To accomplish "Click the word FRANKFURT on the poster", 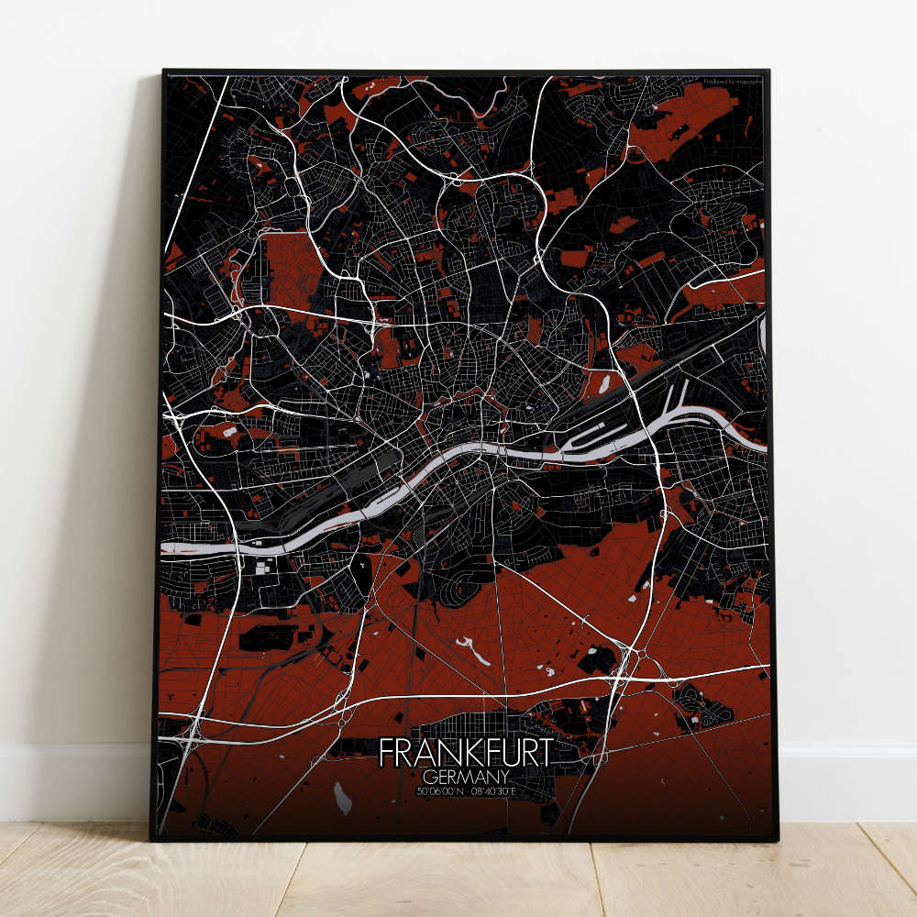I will (x=466, y=754).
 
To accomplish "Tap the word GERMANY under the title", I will (x=466, y=777).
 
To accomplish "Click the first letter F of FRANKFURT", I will (x=385, y=754).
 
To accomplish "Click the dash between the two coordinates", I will (x=467, y=790).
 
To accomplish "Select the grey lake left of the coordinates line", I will (x=342, y=798).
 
